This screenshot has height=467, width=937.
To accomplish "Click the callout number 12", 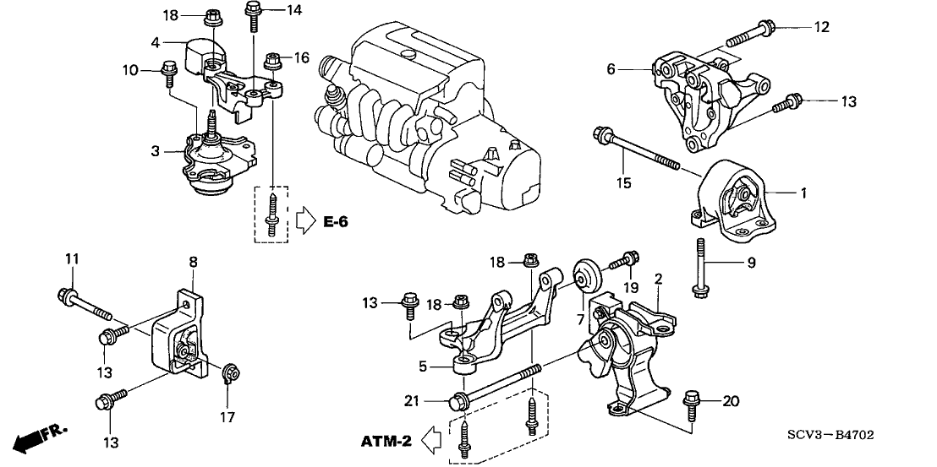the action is coord(822,27).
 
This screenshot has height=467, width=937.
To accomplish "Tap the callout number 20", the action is coord(731,401).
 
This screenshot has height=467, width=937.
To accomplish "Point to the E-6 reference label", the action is coord(335,222).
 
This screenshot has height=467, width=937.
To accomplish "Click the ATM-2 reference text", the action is coord(386,442).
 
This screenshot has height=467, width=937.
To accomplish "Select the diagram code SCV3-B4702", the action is coord(830,437).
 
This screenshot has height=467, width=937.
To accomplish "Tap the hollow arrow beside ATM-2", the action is coord(431,442).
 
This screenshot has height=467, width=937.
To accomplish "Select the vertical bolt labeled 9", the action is coord(699,267).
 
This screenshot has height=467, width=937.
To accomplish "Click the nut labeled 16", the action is coord(272,59).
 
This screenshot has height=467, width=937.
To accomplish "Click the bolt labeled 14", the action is coord(252,15).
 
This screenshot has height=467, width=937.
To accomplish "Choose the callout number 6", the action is coord(611,70).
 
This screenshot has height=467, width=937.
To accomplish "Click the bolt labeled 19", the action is coord(623,262).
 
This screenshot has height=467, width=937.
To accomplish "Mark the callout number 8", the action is coord(193,262).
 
